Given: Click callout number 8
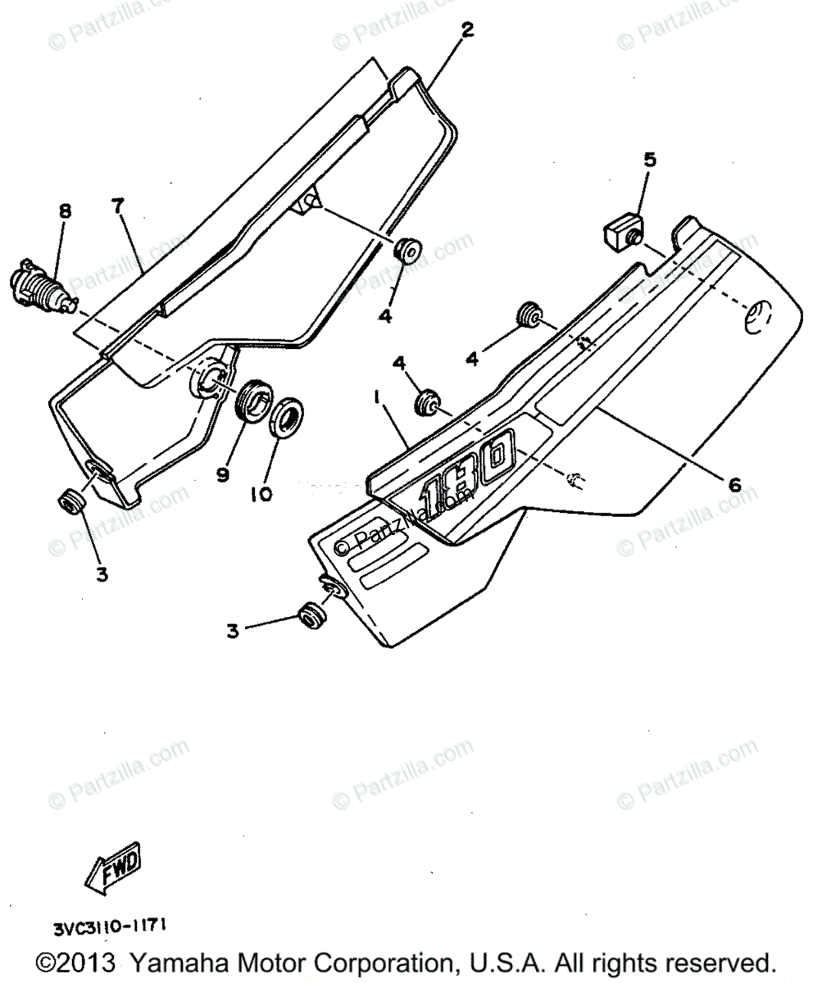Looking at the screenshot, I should point(65,211).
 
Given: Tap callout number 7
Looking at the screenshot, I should point(119,206).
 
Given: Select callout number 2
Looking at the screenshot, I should point(466,31).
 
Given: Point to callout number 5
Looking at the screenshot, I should point(649,159).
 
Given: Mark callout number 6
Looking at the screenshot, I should point(734,485).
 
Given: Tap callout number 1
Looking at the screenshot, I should point(377,398).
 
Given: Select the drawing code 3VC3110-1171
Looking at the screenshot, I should point(111,927).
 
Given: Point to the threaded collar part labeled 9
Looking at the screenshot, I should point(252,399).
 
